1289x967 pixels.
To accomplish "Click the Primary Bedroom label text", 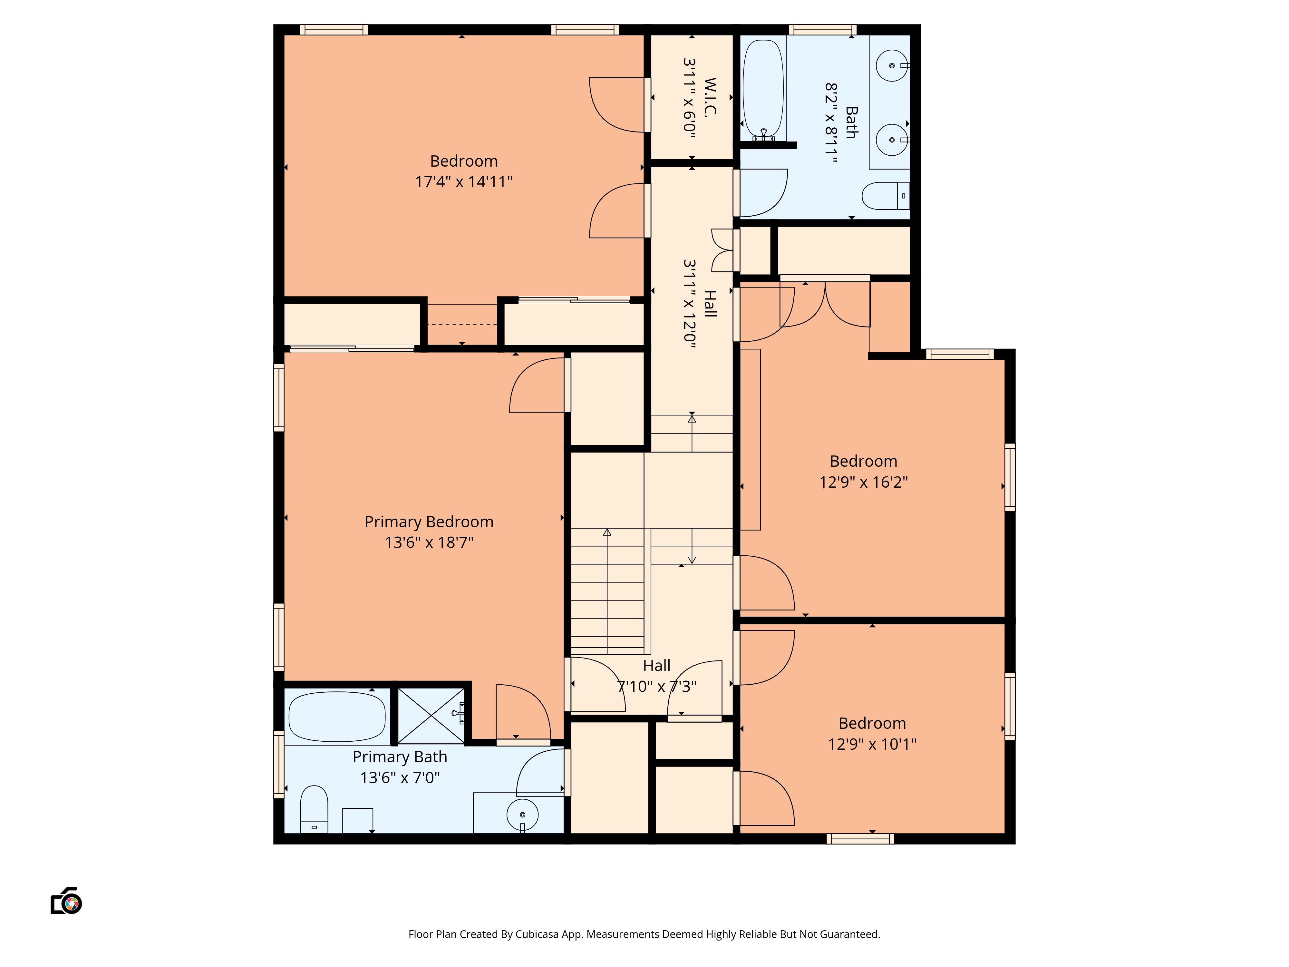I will [x=429, y=522].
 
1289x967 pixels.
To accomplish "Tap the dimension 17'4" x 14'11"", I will [x=463, y=182].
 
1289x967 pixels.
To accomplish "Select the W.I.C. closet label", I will [x=709, y=98].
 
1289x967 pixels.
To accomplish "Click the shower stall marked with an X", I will [x=431, y=716].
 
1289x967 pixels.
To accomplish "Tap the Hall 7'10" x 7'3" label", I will [x=657, y=676].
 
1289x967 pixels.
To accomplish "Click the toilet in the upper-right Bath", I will [x=885, y=196].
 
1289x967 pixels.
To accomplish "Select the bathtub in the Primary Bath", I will [x=337, y=716].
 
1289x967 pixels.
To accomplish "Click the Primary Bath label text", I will [x=400, y=757].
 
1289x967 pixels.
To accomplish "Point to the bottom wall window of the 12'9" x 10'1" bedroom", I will [x=860, y=839].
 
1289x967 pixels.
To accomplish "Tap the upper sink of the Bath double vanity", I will [x=892, y=66].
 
